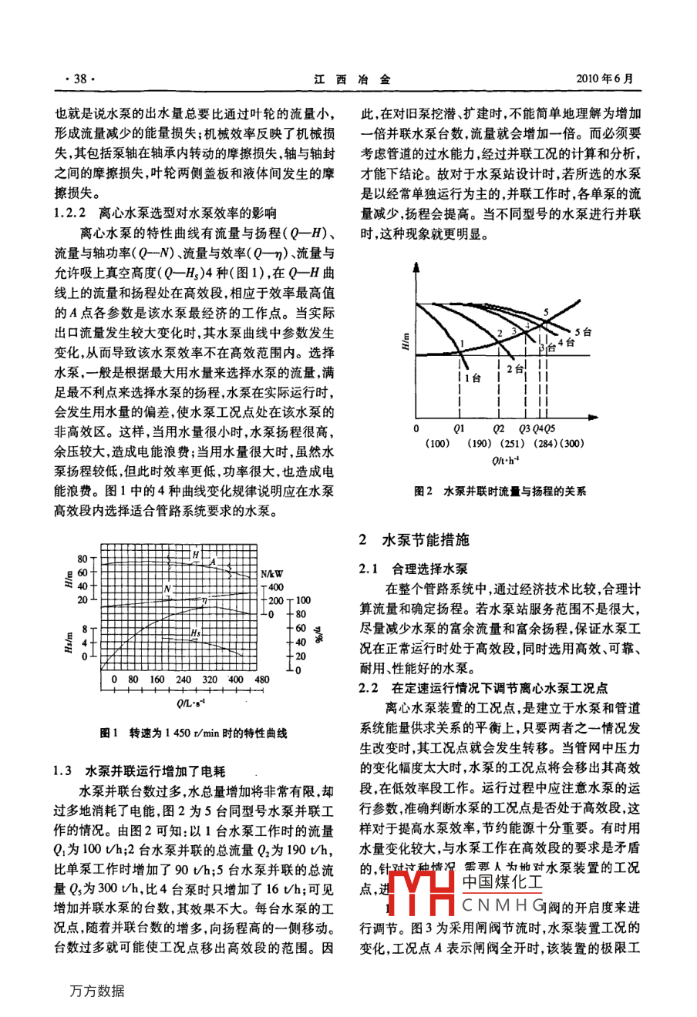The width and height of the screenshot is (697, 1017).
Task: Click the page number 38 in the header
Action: point(79,79)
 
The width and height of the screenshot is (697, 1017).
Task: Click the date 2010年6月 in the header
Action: point(608,79)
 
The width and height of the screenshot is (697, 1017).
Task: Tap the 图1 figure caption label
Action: point(109,733)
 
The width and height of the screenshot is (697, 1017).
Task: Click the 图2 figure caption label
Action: point(422,491)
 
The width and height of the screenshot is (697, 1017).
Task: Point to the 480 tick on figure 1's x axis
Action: point(262,680)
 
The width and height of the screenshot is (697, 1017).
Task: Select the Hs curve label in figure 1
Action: point(196,633)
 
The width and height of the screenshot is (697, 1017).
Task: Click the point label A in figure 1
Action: point(213,562)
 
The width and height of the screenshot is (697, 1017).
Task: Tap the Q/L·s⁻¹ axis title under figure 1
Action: point(190,703)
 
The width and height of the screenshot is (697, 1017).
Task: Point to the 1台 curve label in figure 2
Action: point(472,378)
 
